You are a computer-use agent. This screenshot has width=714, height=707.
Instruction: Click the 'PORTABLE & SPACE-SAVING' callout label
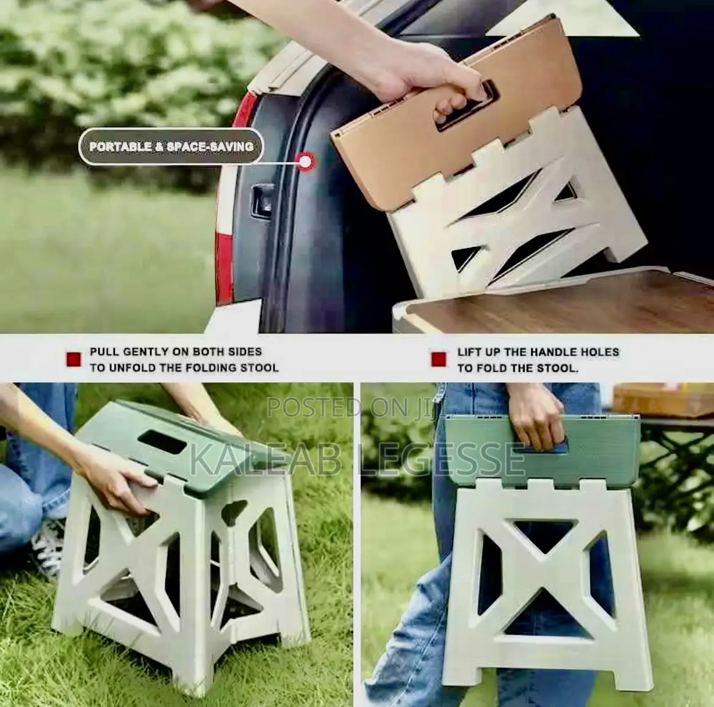coord(171,147)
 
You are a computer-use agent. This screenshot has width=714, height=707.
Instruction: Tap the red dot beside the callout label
coord(305,161)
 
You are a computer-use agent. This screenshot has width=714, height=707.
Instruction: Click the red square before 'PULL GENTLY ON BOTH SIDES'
coord(74,360)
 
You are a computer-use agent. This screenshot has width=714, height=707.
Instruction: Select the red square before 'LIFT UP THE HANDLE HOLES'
coord(439,360)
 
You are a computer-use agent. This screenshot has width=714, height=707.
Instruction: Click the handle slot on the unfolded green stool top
coord(162,441)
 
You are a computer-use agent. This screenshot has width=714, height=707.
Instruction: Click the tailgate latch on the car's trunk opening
coord(264,199)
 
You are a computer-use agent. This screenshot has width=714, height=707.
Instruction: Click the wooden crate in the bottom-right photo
coord(662,400)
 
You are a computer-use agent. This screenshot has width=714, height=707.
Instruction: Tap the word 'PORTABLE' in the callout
coord(120,147)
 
